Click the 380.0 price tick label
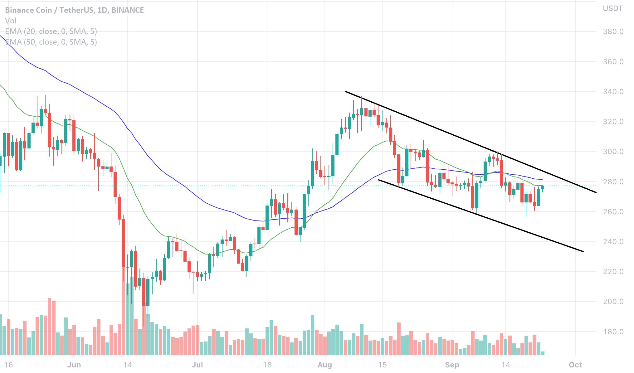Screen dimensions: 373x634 pyautogui.click(x=613, y=31)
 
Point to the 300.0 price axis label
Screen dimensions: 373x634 pyautogui.click(x=613, y=152)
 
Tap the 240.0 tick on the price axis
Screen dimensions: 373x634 pyautogui.click(x=613, y=242)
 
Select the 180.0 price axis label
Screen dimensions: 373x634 pyautogui.click(x=613, y=332)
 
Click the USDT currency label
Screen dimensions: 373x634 pyautogui.click(x=612, y=8)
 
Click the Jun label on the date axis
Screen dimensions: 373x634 pyautogui.click(x=74, y=365)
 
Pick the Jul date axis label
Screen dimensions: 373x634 pyautogui.click(x=197, y=365)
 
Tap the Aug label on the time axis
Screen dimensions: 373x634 pyautogui.click(x=324, y=365)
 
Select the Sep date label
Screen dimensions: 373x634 pyautogui.click(x=452, y=365)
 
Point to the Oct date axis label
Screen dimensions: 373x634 pyautogui.click(x=575, y=365)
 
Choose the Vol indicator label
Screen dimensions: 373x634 pyautogui.click(x=11, y=21)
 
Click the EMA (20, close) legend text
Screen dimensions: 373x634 pyautogui.click(x=51, y=31)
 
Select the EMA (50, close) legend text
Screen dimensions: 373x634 pyautogui.click(x=51, y=42)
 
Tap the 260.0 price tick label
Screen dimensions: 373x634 pyautogui.click(x=613, y=212)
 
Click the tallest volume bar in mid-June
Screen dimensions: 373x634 pyautogui.click(x=124, y=312)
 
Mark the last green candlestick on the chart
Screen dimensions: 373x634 pyautogui.click(x=543, y=187)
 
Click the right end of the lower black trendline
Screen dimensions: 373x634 pyautogui.click(x=583, y=251)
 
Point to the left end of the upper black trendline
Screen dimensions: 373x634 pyautogui.click(x=346, y=91)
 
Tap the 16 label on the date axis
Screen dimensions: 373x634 pyautogui.click(x=8, y=365)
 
